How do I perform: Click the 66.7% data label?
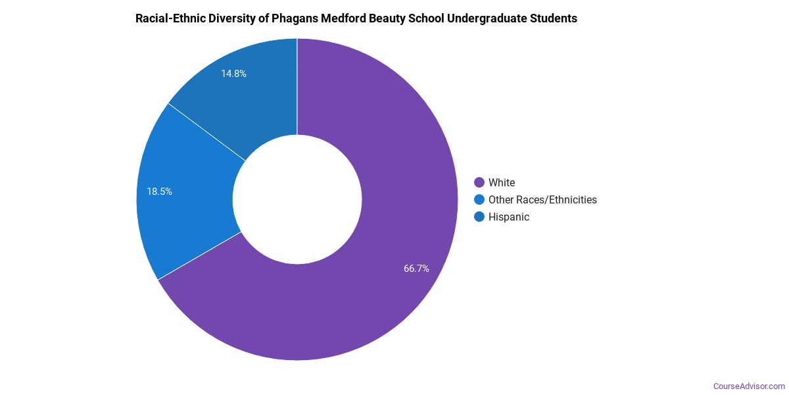coord(416,269)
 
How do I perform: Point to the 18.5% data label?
coord(159,192)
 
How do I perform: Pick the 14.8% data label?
coord(233,74)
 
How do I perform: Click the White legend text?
coord(502,182)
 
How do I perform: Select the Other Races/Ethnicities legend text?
coord(542,199)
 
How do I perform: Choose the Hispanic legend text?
coord(509,217)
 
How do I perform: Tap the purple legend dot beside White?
coord(479,182)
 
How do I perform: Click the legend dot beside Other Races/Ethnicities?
coord(479,199)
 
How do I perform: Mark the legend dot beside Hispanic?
coord(479,217)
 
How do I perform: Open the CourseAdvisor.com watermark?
coord(749,386)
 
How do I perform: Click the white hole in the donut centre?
coord(297,199)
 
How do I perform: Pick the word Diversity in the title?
coord(233,18)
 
